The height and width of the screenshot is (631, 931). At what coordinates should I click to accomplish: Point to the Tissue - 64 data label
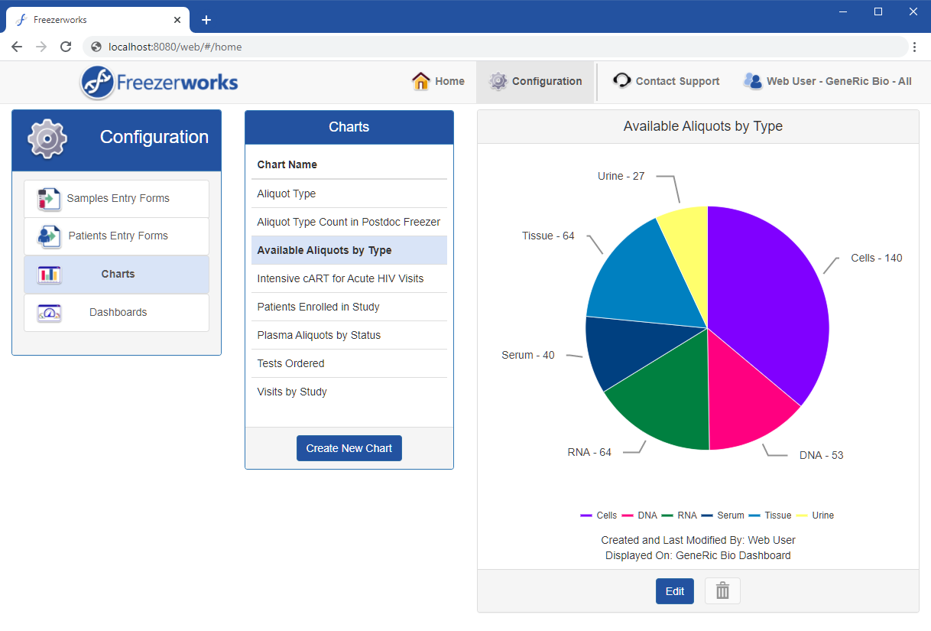click(x=548, y=236)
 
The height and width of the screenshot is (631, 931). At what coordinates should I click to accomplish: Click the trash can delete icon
click(x=722, y=591)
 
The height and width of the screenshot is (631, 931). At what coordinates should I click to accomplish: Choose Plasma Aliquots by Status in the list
click(x=319, y=335)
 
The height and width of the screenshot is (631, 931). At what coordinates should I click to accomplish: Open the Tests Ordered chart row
click(x=290, y=363)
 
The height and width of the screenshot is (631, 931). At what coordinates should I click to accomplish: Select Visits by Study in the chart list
click(x=292, y=392)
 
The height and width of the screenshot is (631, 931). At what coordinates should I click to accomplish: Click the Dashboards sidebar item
click(x=117, y=312)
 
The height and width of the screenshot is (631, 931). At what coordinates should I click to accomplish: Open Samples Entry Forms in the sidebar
click(x=117, y=198)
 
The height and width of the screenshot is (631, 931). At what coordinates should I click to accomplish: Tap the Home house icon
click(x=420, y=81)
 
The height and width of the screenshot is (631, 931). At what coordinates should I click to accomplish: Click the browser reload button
click(x=66, y=47)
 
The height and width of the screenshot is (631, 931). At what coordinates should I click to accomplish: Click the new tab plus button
click(x=206, y=20)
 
